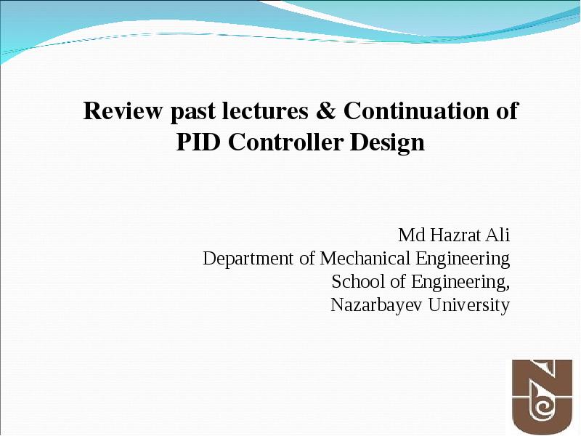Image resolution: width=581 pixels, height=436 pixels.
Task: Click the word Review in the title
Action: click(x=123, y=110)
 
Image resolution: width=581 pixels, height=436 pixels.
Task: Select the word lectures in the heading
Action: click(x=265, y=110)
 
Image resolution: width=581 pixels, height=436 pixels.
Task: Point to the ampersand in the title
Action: click(x=325, y=110)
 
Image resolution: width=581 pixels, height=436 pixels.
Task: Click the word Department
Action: click(x=248, y=259)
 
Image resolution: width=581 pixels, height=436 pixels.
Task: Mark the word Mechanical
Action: click(x=365, y=258)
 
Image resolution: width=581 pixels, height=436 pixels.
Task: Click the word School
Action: click(x=358, y=281)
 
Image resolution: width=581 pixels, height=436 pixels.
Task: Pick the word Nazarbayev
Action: click(x=376, y=306)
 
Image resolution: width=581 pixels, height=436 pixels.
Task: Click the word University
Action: click(x=469, y=306)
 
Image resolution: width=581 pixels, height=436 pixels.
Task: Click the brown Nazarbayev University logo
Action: click(x=542, y=397)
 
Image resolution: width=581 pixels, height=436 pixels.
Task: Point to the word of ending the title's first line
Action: click(x=507, y=110)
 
